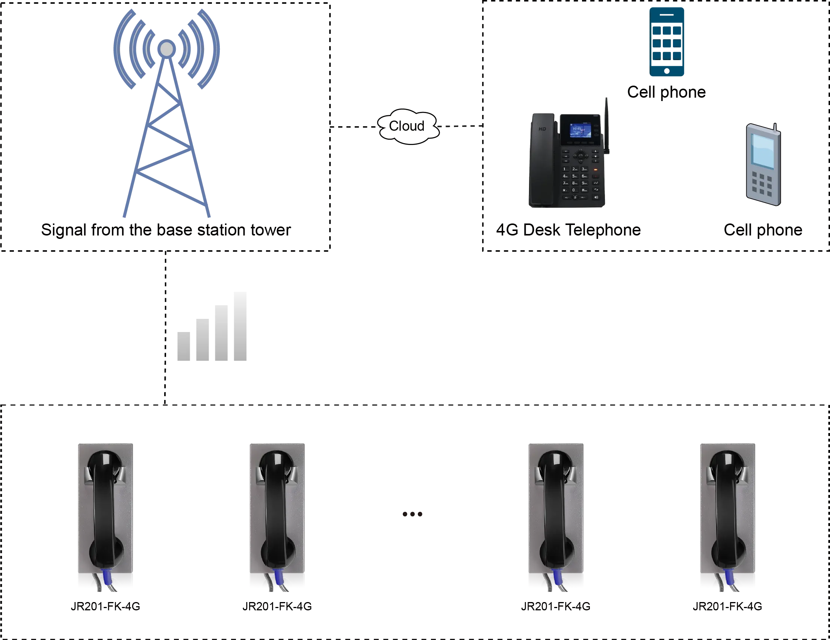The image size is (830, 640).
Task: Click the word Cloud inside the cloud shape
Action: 406,126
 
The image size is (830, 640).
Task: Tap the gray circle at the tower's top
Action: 166,49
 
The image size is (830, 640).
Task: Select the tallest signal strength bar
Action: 239,328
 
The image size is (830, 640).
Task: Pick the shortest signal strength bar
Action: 185,347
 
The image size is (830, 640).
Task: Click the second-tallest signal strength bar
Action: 221,334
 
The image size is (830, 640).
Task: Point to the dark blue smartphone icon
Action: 667,42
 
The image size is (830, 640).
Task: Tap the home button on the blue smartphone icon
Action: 667,71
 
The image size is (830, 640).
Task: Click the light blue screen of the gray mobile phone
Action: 763,151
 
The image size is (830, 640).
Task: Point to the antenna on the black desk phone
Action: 607,125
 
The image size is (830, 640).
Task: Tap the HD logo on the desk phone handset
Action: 542,129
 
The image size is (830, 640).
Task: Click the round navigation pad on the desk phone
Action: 580,155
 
